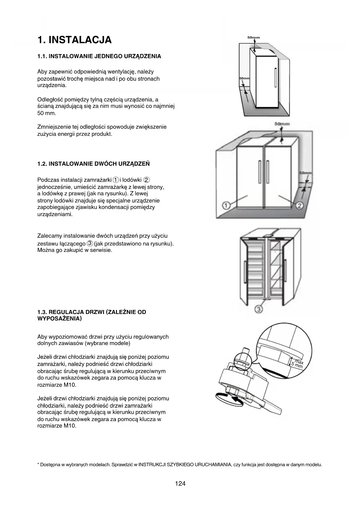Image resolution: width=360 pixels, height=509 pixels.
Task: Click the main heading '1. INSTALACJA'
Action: (x=75, y=40)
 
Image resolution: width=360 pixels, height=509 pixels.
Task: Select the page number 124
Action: (x=180, y=483)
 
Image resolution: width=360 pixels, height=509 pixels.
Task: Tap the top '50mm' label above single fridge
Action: (x=254, y=37)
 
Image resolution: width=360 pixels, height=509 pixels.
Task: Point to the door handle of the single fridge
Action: (x=275, y=77)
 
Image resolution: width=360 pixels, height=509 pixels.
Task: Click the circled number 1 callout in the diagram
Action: (x=226, y=206)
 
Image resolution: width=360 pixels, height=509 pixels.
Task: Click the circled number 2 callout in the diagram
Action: (x=299, y=206)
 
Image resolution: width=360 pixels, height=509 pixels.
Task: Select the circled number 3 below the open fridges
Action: (x=259, y=309)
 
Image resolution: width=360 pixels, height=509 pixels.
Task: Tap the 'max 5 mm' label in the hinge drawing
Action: (x=298, y=364)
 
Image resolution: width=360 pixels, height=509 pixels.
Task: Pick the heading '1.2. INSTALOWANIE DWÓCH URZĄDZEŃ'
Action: (x=93, y=164)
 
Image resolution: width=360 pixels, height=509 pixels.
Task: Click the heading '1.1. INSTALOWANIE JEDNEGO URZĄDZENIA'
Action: (x=99, y=56)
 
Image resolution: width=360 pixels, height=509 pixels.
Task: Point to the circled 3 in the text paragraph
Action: (x=90, y=243)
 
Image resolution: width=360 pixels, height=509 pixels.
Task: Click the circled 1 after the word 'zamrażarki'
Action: (x=116, y=180)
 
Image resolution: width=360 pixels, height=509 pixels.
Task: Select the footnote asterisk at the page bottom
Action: (x=38, y=465)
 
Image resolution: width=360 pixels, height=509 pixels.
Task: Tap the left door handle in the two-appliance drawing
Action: (x=260, y=172)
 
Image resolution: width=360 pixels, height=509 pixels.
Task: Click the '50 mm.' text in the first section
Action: (x=47, y=113)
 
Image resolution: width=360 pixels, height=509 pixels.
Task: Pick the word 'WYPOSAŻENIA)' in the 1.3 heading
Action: (x=59, y=319)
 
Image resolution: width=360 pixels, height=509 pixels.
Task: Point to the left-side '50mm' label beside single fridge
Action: (x=244, y=79)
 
